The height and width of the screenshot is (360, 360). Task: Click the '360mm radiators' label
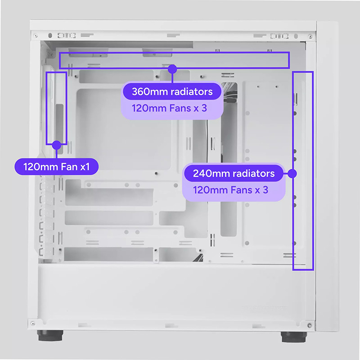[172, 92]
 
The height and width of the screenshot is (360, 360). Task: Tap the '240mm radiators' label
[234, 173]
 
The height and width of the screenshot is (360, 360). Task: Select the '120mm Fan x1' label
[57, 166]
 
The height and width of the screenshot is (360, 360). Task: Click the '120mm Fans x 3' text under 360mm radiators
[169, 108]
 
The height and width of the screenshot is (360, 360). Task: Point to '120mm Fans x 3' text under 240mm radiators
[230, 190]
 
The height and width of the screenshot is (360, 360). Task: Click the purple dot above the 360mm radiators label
[172, 69]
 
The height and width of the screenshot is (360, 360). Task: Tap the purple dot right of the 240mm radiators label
[292, 174]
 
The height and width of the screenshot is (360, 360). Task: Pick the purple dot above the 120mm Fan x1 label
[57, 145]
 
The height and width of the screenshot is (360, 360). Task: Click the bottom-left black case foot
[50, 335]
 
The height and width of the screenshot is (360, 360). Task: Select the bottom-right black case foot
[294, 337]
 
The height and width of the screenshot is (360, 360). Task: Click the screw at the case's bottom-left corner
[33, 324]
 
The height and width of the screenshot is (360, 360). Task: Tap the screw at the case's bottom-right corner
[310, 325]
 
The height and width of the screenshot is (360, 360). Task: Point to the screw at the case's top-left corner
[36, 36]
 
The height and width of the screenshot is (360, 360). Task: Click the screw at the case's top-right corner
[310, 36]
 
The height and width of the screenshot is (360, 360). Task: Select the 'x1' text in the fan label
[85, 167]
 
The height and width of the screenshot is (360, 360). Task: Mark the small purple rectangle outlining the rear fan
[46, 108]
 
